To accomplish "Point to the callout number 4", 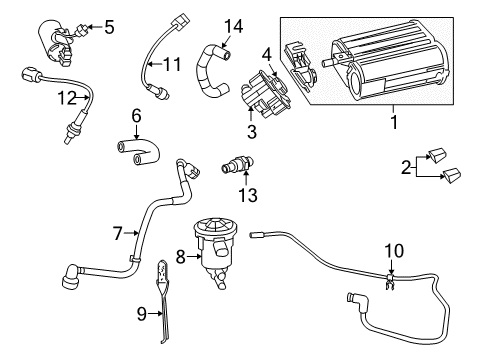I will click(x=266, y=53).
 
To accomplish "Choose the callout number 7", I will click(x=118, y=234).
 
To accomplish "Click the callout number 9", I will click(x=142, y=313).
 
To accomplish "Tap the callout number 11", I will click(x=173, y=66).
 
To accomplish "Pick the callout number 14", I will click(x=233, y=25).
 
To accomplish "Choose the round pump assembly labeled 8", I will click(x=213, y=239).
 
